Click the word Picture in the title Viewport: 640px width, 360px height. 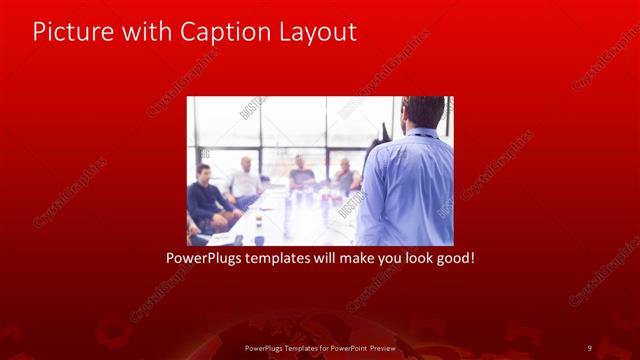(x=69, y=32)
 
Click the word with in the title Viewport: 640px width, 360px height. (x=144, y=32)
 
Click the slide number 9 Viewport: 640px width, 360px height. (x=589, y=347)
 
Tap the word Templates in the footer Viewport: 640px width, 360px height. (x=292, y=347)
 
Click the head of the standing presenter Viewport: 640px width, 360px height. (x=423, y=112)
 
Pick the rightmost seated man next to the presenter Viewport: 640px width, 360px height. (x=345, y=176)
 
